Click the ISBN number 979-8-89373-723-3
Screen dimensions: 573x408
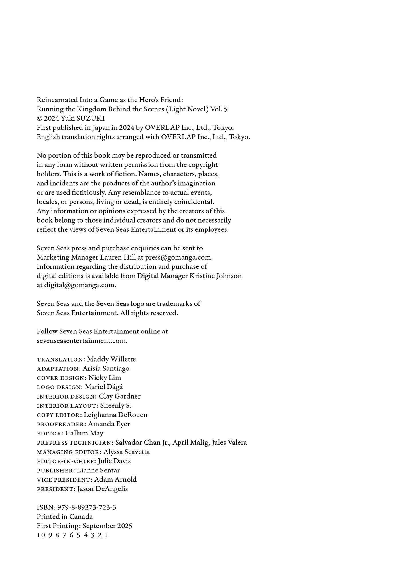pyautogui.click(x=86, y=507)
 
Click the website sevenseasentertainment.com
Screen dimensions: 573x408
pyautogui.click(x=82, y=341)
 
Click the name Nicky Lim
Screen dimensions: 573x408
pyautogui.click(x=105, y=378)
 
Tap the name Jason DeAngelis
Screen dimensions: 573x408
pyautogui.click(x=102, y=489)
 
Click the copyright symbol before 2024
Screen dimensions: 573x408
pyautogui.click(x=40, y=119)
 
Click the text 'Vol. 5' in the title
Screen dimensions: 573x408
pyautogui.click(x=219, y=109)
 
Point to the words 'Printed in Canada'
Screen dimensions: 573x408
pyautogui.click(x=64, y=517)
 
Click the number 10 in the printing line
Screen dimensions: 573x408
pyautogui.click(x=40, y=535)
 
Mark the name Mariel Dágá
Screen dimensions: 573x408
pyautogui.click(x=104, y=387)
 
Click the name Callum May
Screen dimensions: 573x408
pyautogui.click(x=84, y=433)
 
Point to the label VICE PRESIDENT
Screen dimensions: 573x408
pyautogui.click(x=64, y=480)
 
